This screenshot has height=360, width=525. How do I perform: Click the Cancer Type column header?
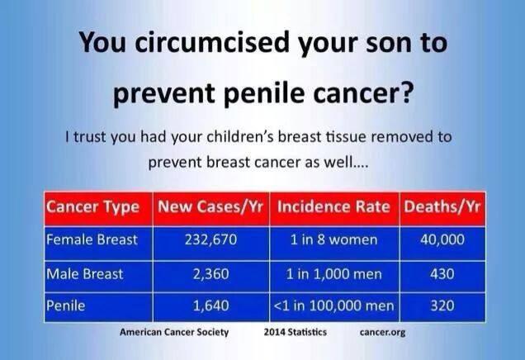92,207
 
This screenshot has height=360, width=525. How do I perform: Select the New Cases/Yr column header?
210,206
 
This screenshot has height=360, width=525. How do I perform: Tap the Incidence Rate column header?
333,206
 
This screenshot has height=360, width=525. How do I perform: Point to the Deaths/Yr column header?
442,206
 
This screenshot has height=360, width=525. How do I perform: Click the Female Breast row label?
92,239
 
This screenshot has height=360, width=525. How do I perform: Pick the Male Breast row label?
85,274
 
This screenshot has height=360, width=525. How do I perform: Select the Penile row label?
66,306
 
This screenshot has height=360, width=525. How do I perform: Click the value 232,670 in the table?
211,239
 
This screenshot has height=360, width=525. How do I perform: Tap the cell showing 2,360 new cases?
211,274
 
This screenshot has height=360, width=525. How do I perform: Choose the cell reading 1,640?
211,306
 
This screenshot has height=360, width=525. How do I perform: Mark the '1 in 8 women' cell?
333,239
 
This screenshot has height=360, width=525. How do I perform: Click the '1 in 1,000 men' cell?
333,274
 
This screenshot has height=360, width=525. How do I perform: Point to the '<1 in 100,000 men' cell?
333,306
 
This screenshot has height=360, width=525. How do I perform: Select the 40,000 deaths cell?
442,239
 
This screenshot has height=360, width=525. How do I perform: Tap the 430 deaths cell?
442,274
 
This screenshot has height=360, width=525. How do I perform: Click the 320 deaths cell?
442,306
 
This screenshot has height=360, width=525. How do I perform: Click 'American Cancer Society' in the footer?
174,332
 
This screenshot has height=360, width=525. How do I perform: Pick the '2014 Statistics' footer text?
296,332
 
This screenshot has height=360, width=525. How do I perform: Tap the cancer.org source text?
383,332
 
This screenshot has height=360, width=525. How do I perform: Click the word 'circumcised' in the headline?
211,42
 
